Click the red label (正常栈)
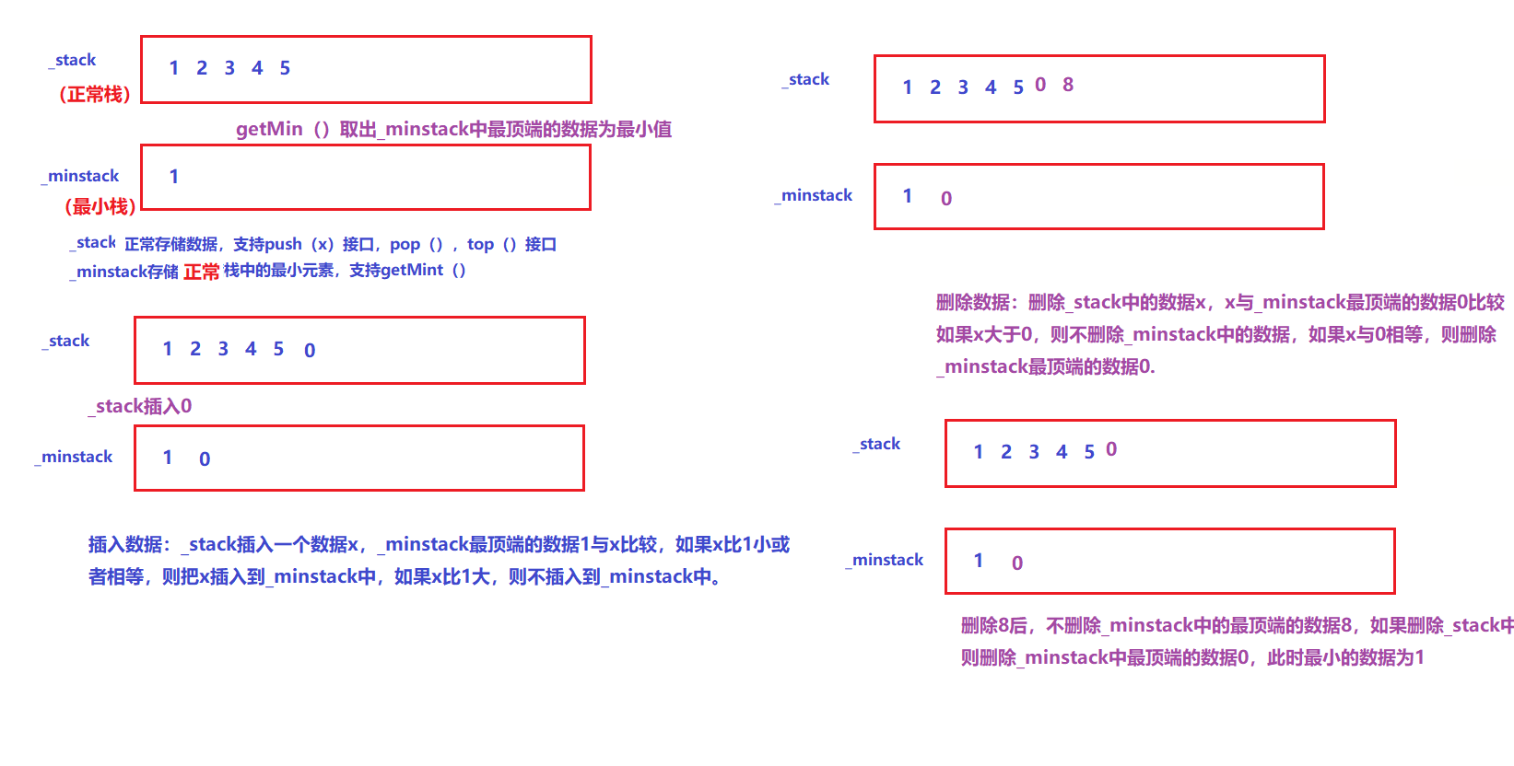click(94, 94)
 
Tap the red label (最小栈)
click(100, 206)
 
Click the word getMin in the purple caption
click(269, 129)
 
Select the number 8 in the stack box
click(1068, 85)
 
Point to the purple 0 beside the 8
click(1040, 85)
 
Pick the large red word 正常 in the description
click(202, 272)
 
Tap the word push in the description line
click(283, 244)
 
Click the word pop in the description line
click(405, 244)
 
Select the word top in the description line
click(480, 244)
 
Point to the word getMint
click(412, 270)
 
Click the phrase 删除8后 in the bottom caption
click(993, 625)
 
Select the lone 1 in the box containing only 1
click(174, 177)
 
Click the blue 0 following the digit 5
click(310, 350)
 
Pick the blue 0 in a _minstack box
click(205, 458)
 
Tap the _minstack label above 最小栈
click(81, 176)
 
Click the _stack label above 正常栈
click(73, 60)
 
